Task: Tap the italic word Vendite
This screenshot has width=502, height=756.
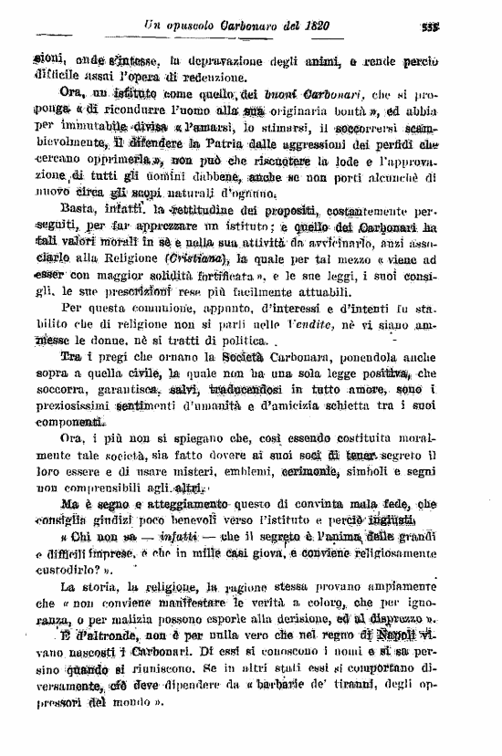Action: [309, 326]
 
